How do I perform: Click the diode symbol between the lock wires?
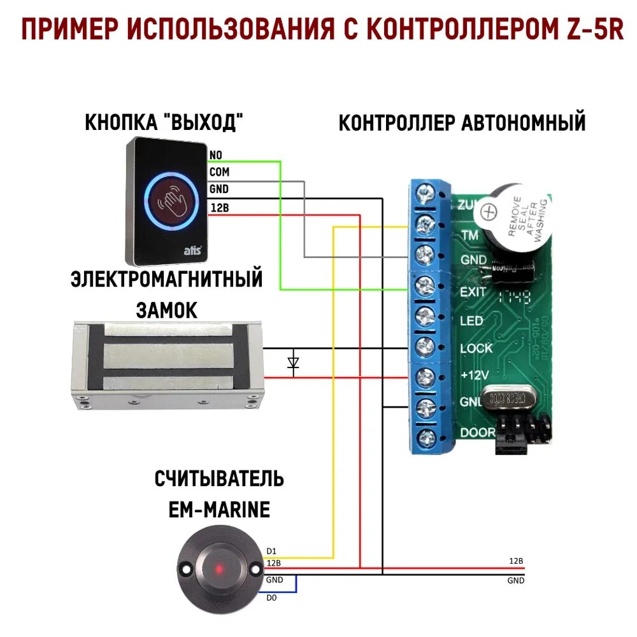pos(293,363)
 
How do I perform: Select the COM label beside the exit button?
pos(219,172)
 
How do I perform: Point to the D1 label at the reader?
pos(271,550)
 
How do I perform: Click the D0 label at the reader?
pos(271,597)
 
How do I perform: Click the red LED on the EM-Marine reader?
pos(218,567)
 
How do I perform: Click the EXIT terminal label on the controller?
pos(473,292)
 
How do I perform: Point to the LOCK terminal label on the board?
pos(476,348)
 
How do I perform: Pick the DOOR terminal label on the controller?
pos(476,433)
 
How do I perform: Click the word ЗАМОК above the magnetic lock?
pos(167,310)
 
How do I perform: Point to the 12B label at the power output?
pos(516,561)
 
